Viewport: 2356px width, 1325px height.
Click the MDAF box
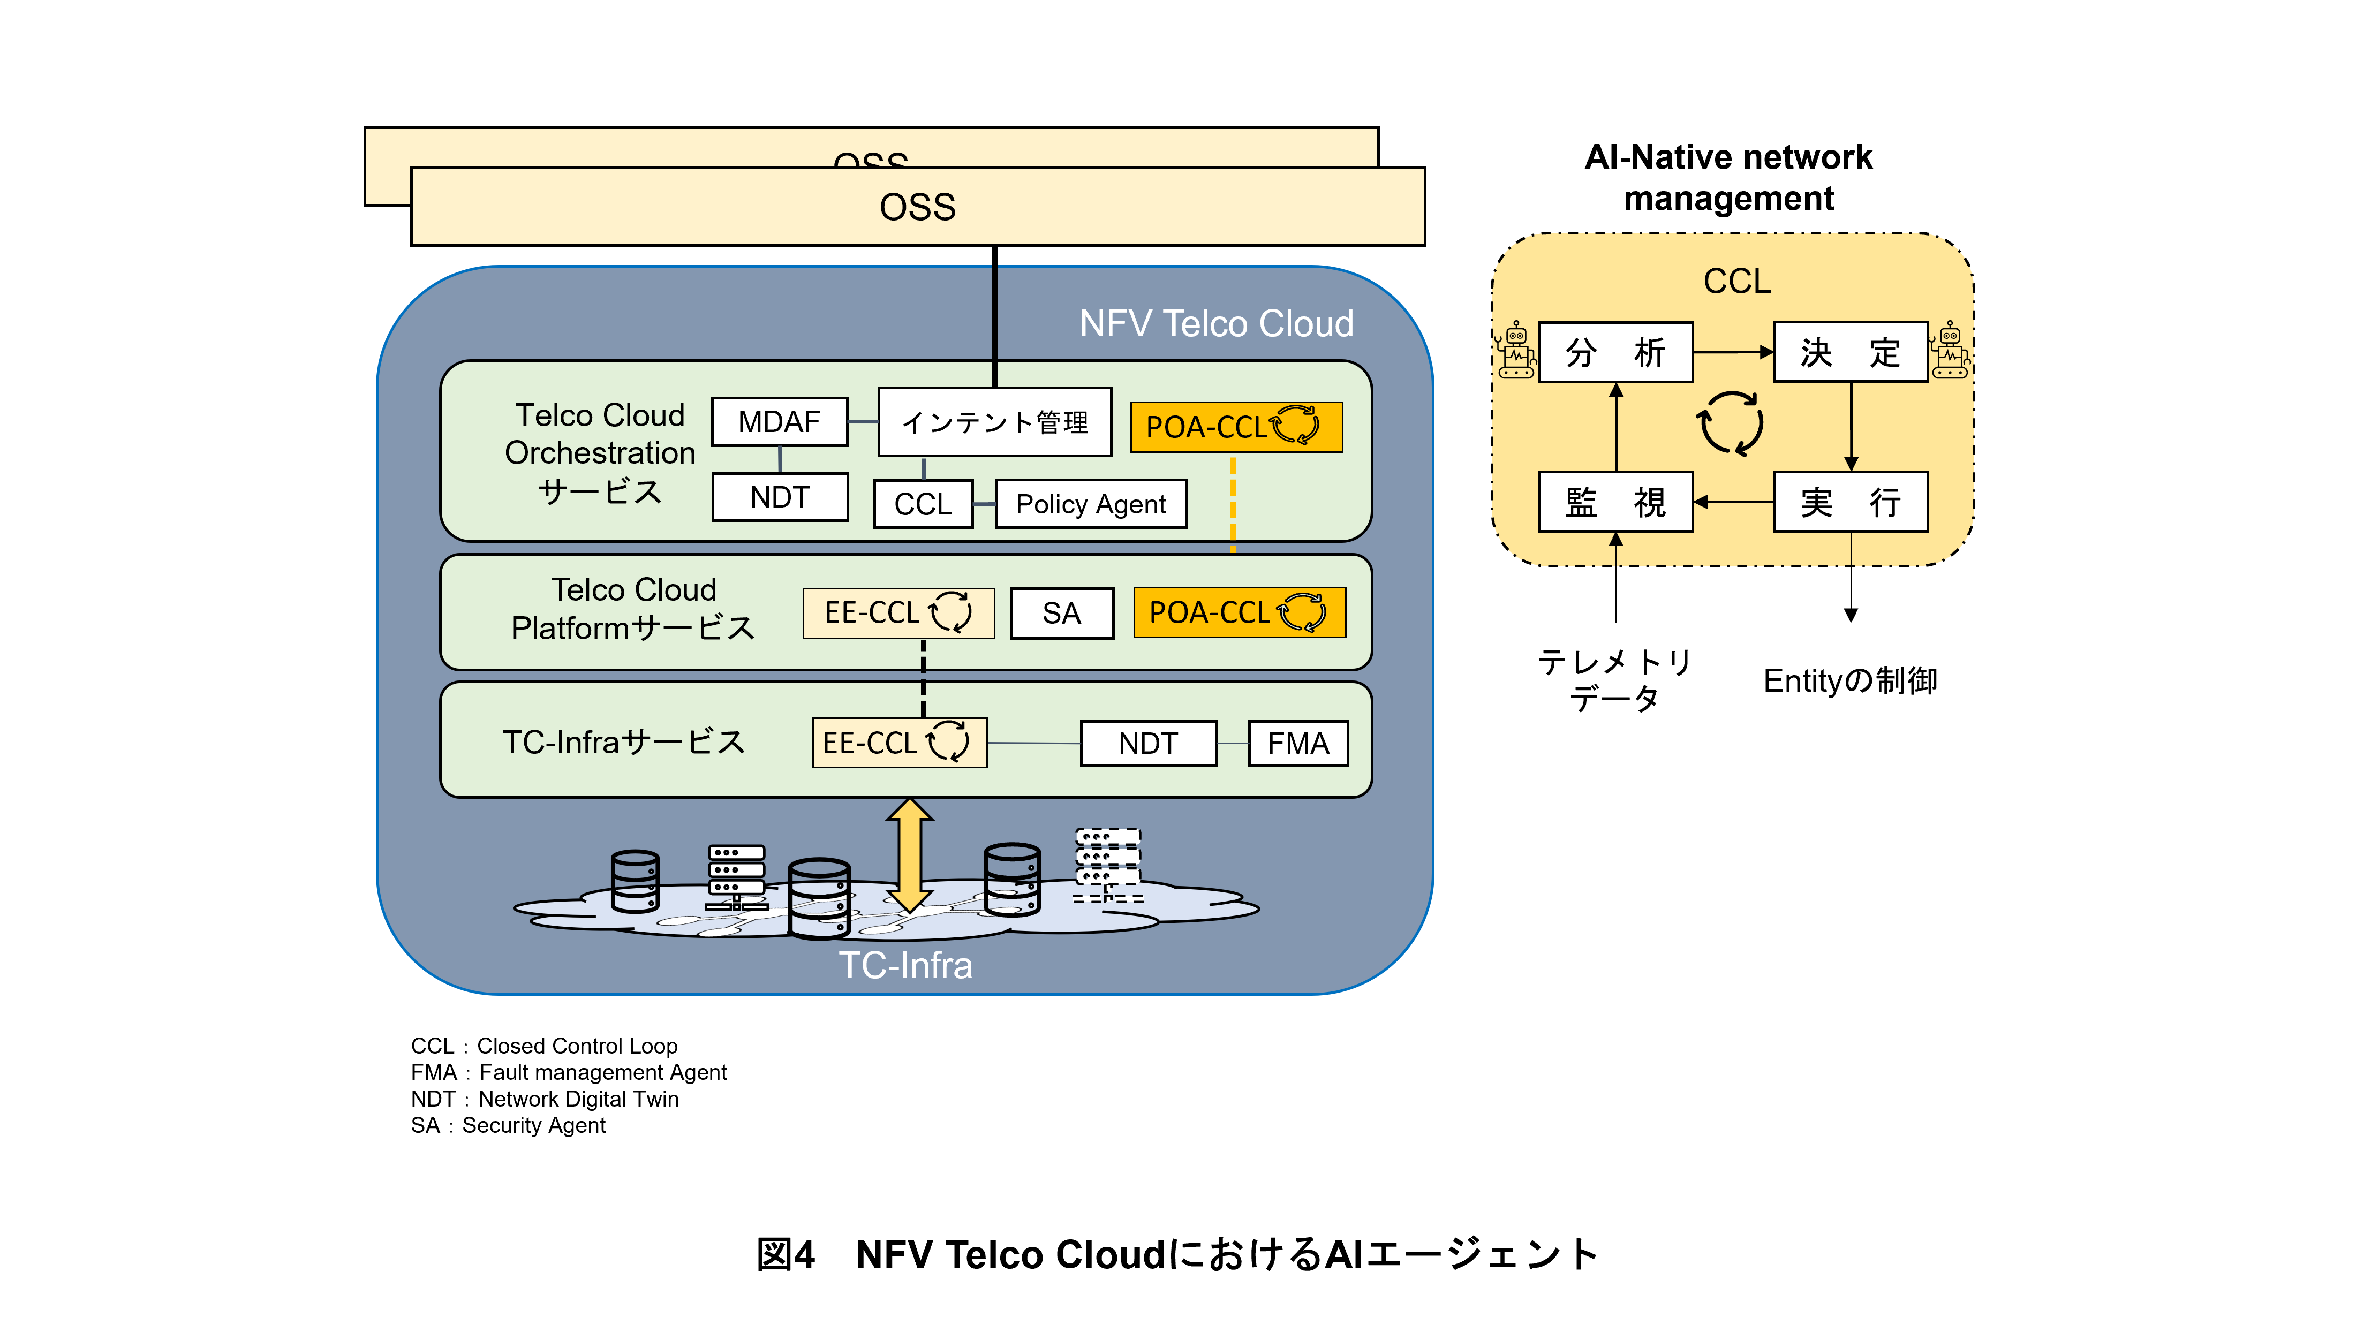pyautogui.click(x=779, y=421)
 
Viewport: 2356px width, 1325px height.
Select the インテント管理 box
pyautogui.click(x=994, y=421)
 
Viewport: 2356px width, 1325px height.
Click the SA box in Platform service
pyautogui.click(x=1061, y=612)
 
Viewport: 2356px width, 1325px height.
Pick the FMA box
pyautogui.click(x=1298, y=744)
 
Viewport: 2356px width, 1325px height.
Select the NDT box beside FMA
pyautogui.click(x=1148, y=744)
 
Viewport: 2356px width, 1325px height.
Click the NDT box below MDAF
pyautogui.click(x=779, y=497)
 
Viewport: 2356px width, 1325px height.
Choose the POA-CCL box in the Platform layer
pyautogui.click(x=1239, y=612)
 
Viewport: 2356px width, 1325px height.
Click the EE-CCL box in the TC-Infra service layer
pyautogui.click(x=899, y=743)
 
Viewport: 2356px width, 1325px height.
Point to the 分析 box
pyautogui.click(x=1615, y=352)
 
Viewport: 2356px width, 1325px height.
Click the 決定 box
pyautogui.click(x=1850, y=352)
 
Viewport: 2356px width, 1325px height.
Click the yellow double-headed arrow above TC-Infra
pyautogui.click(x=909, y=855)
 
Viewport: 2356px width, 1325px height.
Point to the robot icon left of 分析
pyautogui.click(x=1515, y=350)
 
